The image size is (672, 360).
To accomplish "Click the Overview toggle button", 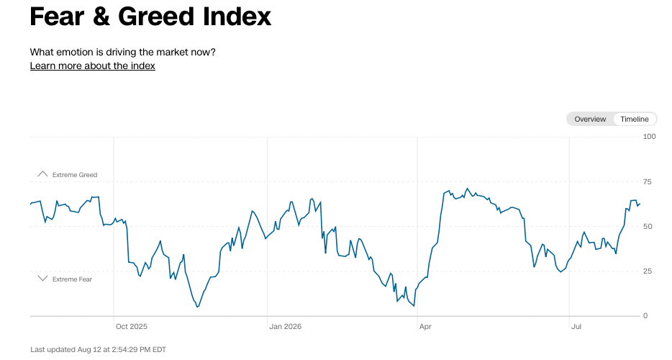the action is pos(590,120).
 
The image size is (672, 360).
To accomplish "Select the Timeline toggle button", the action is pos(635,120).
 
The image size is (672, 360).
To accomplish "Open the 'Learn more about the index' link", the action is pos(93,66).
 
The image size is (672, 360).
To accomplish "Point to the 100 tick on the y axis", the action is pos(649,137).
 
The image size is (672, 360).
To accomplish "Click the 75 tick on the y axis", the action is pos(647,182).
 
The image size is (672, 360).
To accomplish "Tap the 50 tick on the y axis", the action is pos(648,227).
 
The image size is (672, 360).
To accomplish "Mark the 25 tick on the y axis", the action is pos(647,271).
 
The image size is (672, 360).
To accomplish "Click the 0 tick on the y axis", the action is pos(645,316).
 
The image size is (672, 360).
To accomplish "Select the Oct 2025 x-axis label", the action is pos(132,327).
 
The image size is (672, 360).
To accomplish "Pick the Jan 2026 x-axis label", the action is pos(286,327).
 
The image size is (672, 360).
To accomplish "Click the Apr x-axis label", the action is pos(425,327).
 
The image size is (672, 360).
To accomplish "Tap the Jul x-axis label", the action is pos(576,327).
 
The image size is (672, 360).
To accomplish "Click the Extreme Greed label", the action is pos(75,175).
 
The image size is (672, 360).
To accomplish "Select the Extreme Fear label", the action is pos(72,279).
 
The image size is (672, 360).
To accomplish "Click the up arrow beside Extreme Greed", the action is pos(42,174).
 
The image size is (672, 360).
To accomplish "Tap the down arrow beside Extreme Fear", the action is pos(42,279).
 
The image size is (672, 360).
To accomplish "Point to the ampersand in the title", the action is pos(101,17).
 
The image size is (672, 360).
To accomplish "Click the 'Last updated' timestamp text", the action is pos(98,350).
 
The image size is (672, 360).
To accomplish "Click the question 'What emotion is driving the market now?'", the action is pos(122,53).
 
